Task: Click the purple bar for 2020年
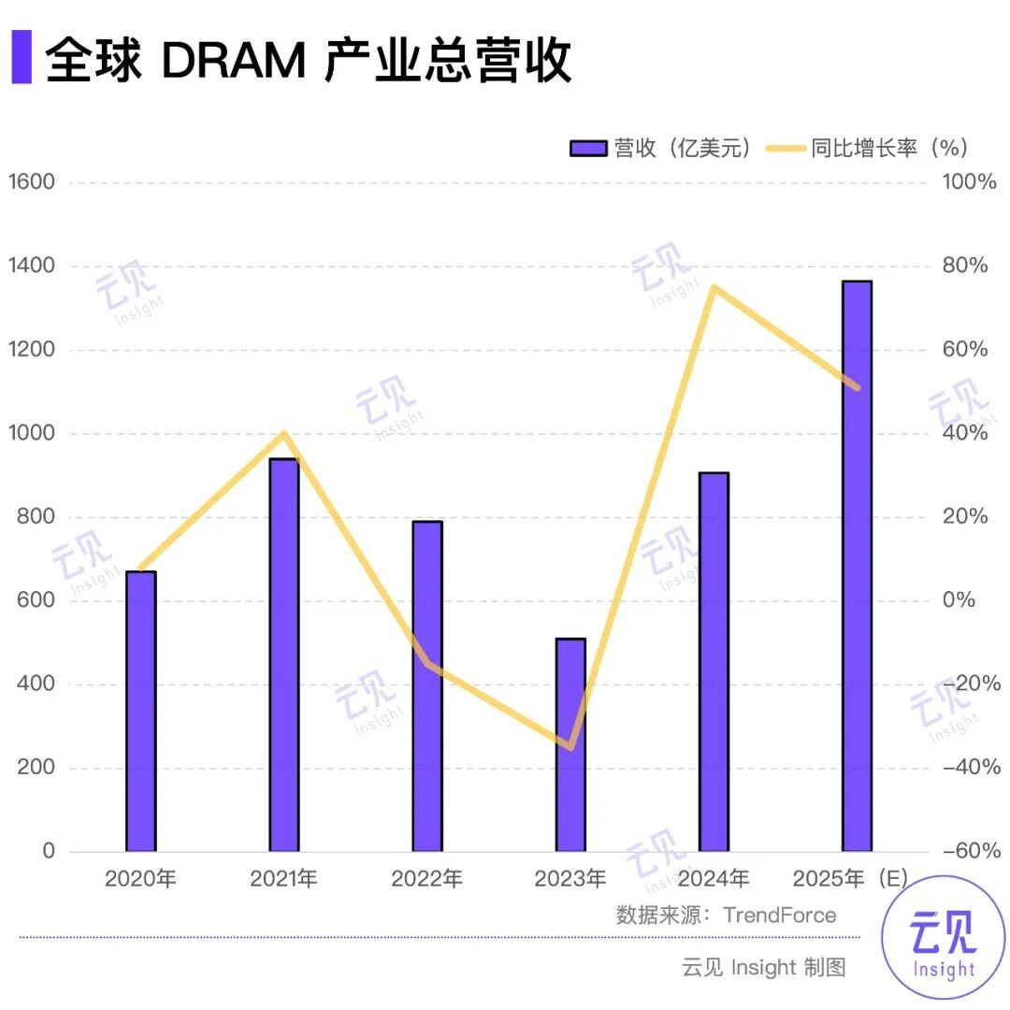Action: pyautogui.click(x=141, y=711)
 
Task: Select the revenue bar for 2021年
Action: pyautogui.click(x=284, y=655)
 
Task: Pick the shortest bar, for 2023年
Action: pyautogui.click(x=570, y=744)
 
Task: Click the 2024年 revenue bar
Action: pyautogui.click(x=714, y=661)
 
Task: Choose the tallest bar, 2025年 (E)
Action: pyautogui.click(x=857, y=566)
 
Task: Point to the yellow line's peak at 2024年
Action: pyautogui.click(x=714, y=287)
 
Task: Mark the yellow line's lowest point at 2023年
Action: pyautogui.click(x=570, y=746)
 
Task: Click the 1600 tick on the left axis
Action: pyautogui.click(x=31, y=181)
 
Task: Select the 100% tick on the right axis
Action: pyautogui.click(x=969, y=181)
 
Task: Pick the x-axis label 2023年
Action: pyautogui.click(x=570, y=879)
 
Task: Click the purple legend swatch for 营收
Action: pyautogui.click(x=589, y=149)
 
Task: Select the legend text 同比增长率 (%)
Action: pyautogui.click(x=888, y=149)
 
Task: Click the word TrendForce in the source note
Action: pyautogui.click(x=780, y=915)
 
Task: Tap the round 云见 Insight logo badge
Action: pyautogui.click(x=943, y=938)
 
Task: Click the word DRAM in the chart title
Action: pyautogui.click(x=233, y=60)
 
